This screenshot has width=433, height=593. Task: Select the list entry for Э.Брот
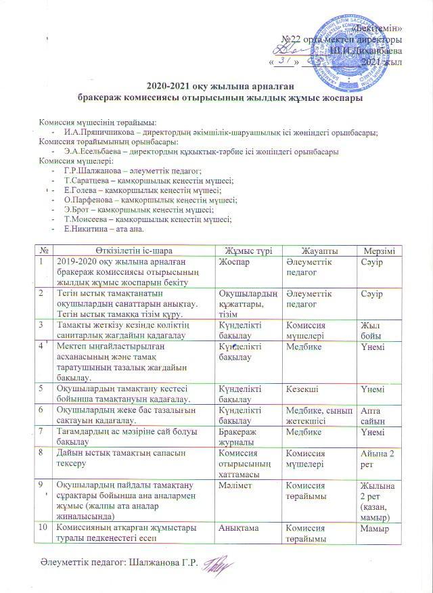point(76,210)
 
